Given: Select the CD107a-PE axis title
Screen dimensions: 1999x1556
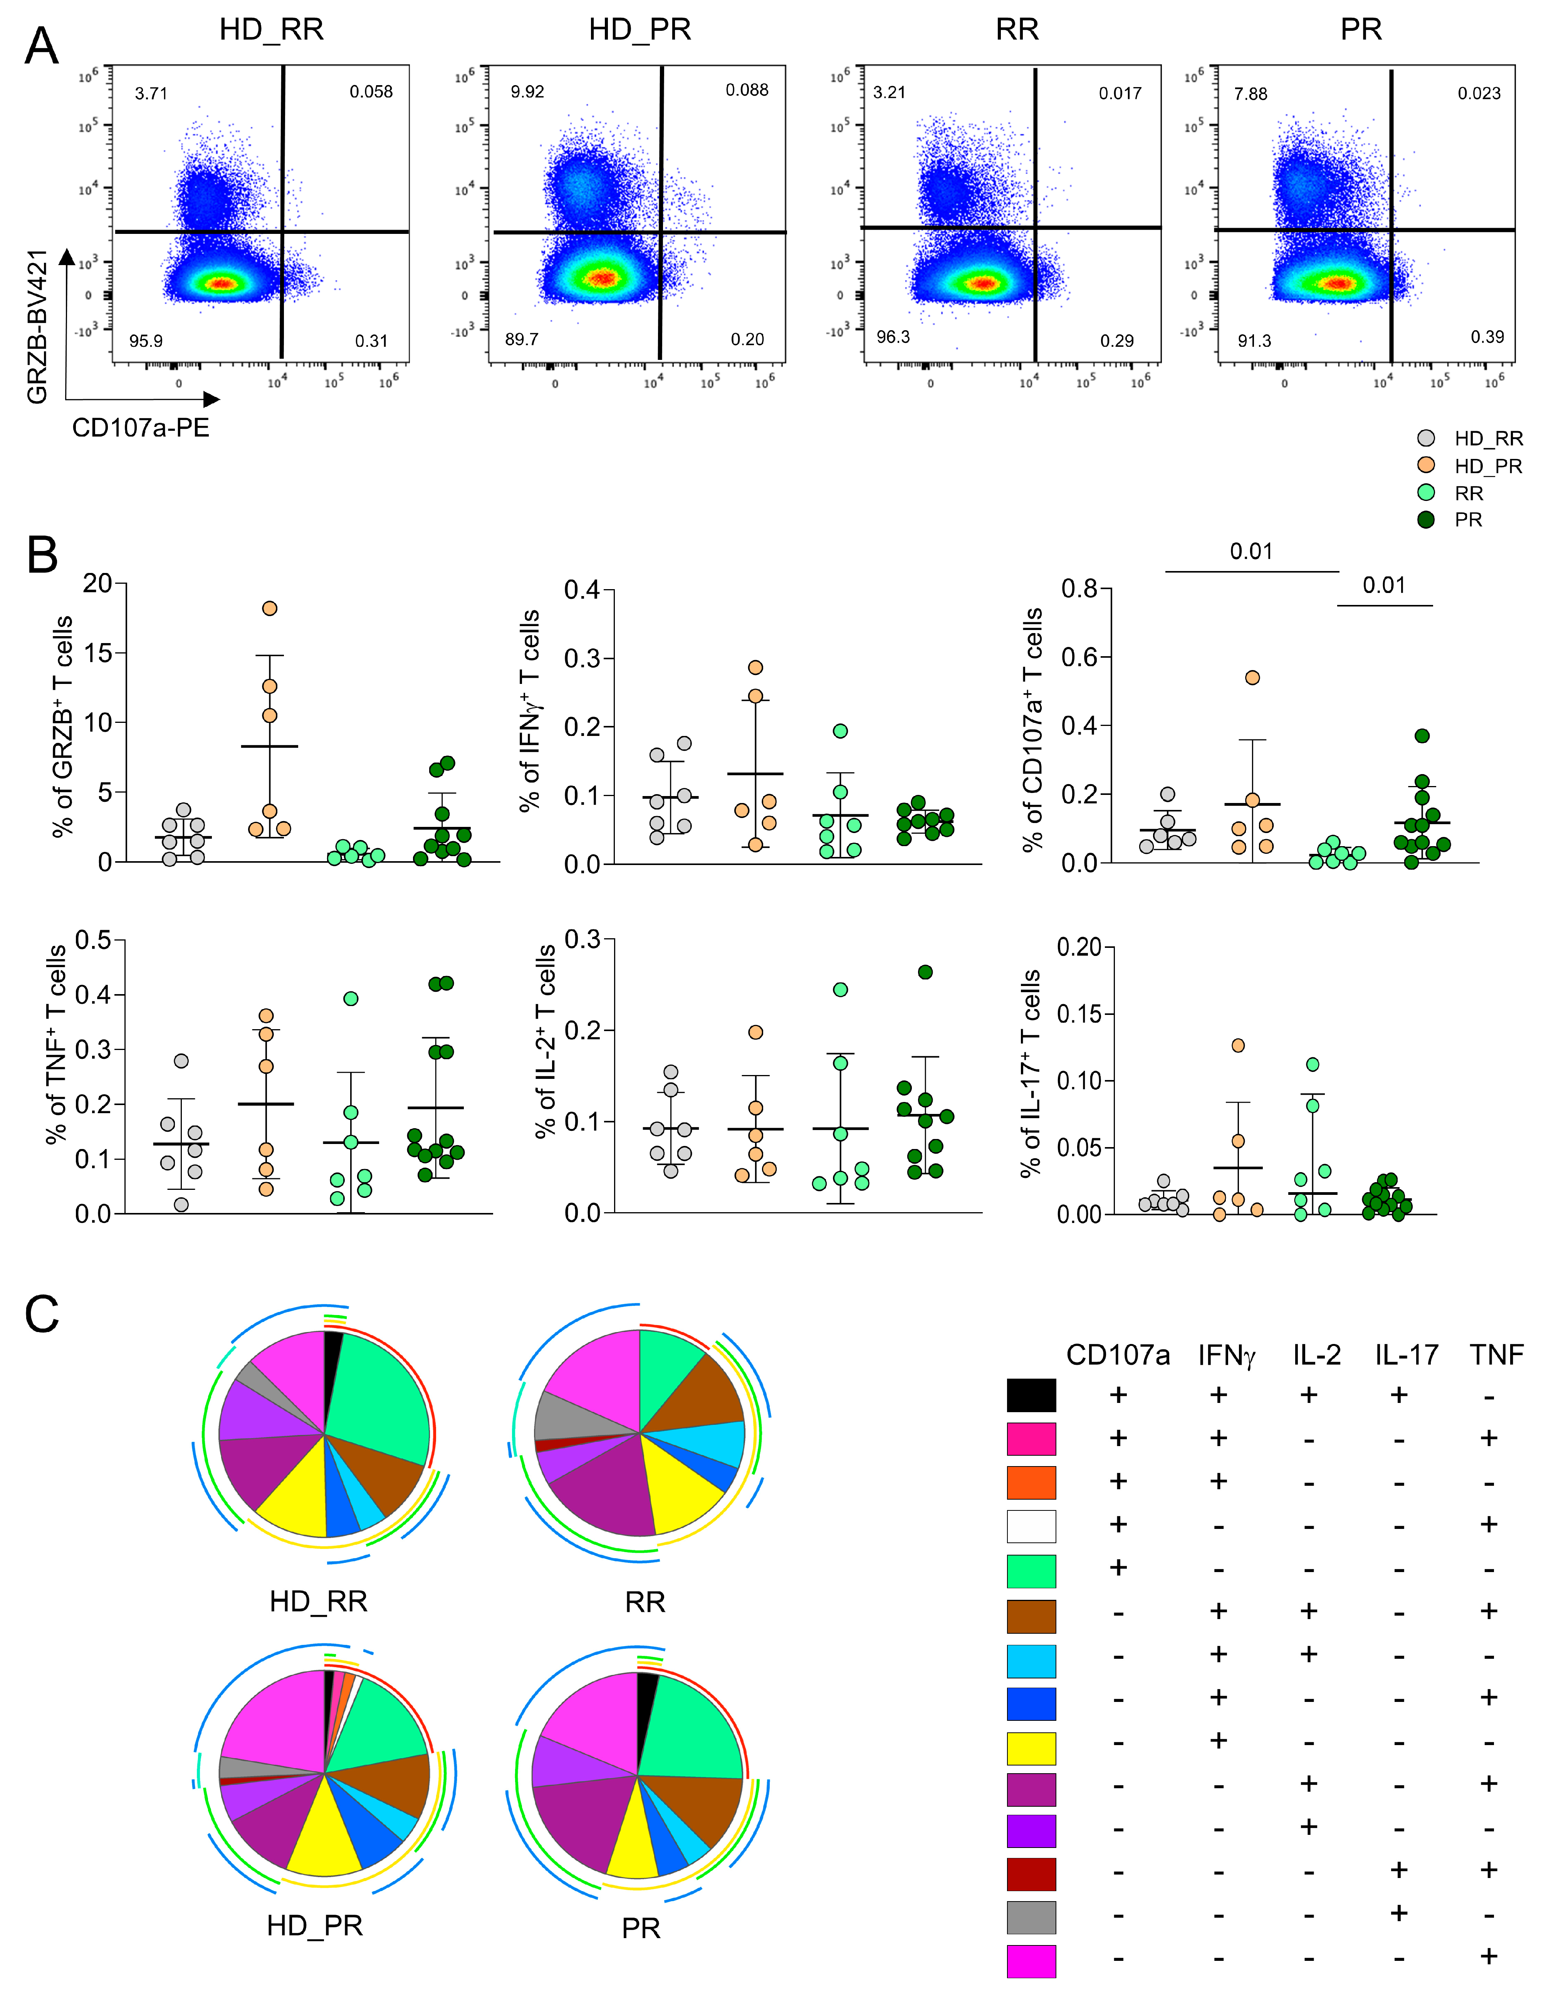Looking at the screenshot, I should tap(140, 427).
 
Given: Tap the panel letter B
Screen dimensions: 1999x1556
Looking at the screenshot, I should tap(42, 556).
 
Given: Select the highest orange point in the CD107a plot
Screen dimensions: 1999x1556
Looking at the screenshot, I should tap(1252, 677).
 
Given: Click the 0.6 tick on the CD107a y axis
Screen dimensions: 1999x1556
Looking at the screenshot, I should tap(1080, 657).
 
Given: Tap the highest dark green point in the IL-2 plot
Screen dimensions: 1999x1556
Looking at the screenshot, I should tap(925, 972).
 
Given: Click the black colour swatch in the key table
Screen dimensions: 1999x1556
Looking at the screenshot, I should tap(1031, 1395).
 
